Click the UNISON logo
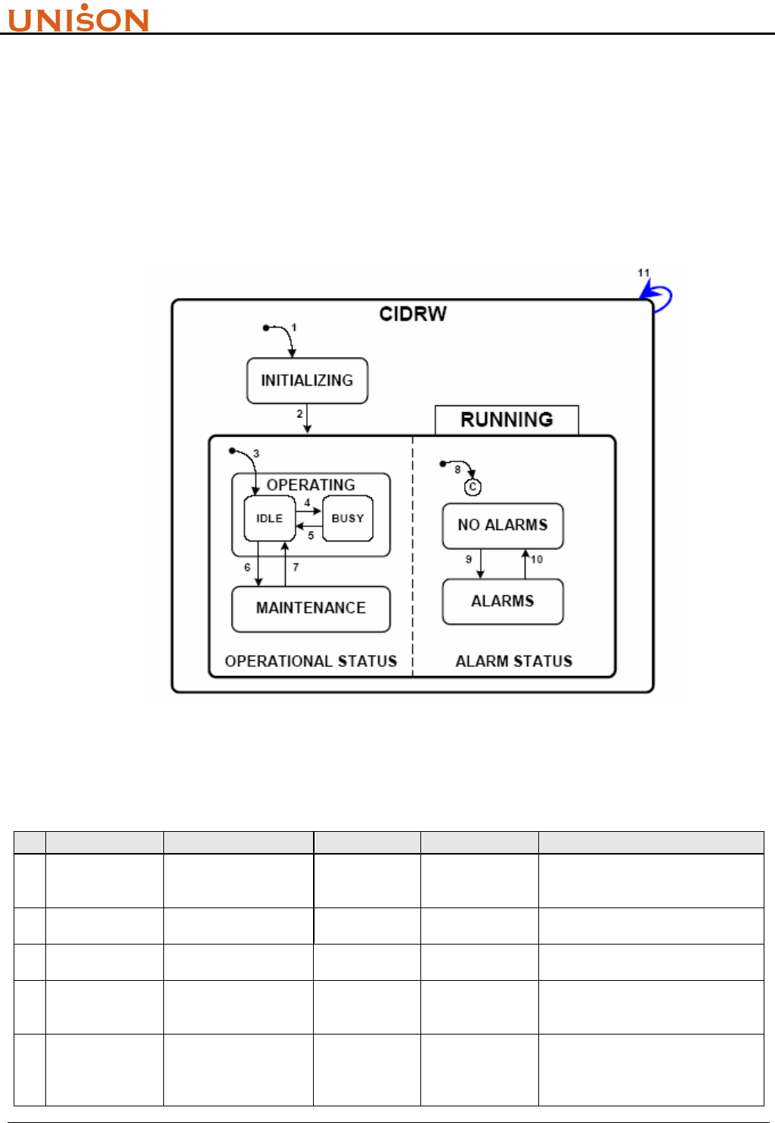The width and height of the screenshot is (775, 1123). point(79,18)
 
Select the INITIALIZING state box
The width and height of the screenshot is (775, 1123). point(307,380)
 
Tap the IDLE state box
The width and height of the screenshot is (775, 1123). point(269,519)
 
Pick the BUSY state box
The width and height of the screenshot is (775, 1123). point(348,519)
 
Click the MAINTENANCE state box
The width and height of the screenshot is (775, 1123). point(311,609)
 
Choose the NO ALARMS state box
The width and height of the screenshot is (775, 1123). point(503,526)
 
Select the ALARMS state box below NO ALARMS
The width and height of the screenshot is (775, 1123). point(503,602)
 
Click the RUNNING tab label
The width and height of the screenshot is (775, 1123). point(507,420)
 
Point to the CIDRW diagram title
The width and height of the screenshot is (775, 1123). point(413,314)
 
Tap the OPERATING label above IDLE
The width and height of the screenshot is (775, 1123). point(311,485)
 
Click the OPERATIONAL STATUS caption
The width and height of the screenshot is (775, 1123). point(311,662)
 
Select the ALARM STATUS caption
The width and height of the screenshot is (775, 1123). point(514,662)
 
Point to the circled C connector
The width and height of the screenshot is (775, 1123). point(473,488)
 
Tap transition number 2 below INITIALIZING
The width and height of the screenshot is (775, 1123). point(299,414)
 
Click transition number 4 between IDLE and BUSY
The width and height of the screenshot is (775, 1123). point(307,502)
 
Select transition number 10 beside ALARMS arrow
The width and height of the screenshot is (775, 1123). point(537,560)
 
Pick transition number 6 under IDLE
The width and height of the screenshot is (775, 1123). point(247,567)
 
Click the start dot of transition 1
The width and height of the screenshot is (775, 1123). point(265,327)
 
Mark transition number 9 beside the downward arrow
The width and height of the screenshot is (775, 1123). point(469,560)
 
